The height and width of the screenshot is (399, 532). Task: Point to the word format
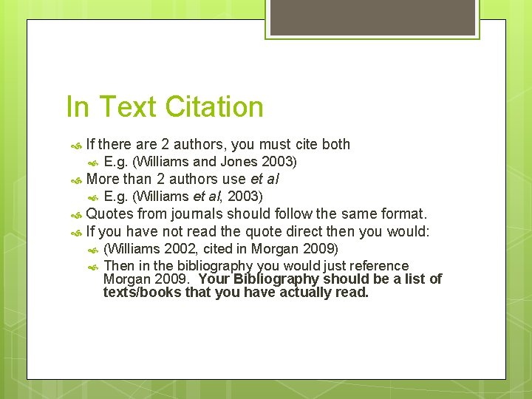pyautogui.click(x=403, y=214)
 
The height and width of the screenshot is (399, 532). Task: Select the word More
pyautogui.click(x=103, y=179)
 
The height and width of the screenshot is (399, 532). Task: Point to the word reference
pyautogui.click(x=379, y=265)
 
